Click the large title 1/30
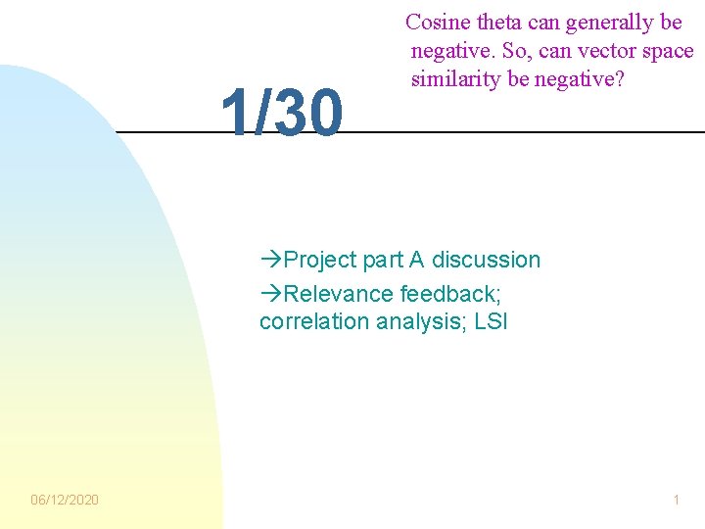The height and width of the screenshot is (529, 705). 282,112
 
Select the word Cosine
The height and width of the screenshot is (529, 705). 438,23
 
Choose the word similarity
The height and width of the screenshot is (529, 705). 455,79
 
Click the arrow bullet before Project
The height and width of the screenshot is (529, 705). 271,260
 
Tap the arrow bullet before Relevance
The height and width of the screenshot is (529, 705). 271,293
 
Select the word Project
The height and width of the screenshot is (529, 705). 320,260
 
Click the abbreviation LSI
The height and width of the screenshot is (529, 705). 489,321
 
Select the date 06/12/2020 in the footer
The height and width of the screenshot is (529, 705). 65,500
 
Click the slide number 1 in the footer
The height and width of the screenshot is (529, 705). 676,500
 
